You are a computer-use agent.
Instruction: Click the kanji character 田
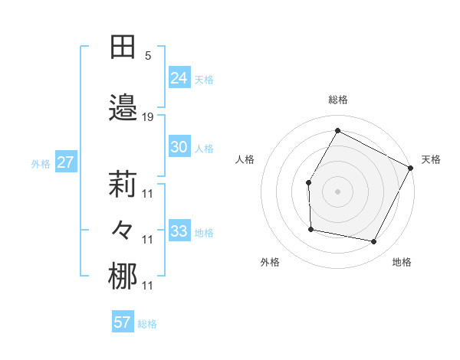[123, 47]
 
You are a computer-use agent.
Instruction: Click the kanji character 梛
[123, 277]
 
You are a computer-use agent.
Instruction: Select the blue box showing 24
[179, 77]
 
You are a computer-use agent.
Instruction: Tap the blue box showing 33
[179, 231]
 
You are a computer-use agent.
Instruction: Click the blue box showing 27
[65, 162]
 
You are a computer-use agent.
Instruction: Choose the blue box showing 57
[123, 322]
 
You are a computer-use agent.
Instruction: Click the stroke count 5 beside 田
[148, 56]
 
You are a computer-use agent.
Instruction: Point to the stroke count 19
[148, 117]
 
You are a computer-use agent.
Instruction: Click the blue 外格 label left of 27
[41, 163]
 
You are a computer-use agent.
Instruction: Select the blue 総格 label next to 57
[147, 324]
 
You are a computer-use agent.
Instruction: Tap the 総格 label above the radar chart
[338, 100]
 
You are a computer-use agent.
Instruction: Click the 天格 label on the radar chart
[431, 159]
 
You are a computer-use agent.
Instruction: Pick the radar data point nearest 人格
[308, 182]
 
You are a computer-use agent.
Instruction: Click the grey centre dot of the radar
[337, 191]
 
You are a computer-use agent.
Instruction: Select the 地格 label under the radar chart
[402, 262]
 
